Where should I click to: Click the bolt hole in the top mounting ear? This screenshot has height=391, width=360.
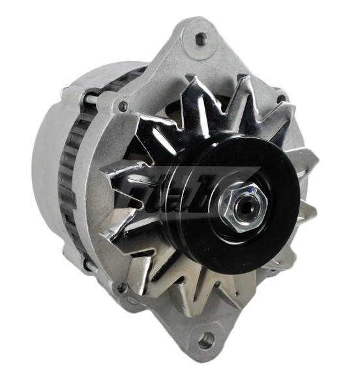click(201, 38)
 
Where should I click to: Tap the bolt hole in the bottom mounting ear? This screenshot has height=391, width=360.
click(207, 340)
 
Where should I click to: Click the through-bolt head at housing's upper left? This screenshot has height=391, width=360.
click(122, 106)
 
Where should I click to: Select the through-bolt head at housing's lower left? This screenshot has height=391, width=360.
click(121, 287)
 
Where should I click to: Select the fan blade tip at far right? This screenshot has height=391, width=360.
click(312, 160)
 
